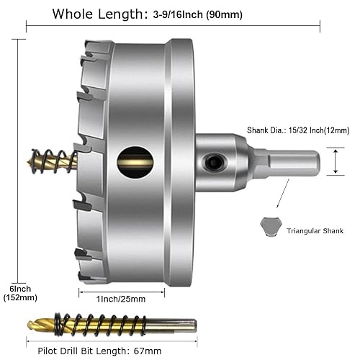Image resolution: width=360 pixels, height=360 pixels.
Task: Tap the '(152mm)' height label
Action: [x=15, y=297]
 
